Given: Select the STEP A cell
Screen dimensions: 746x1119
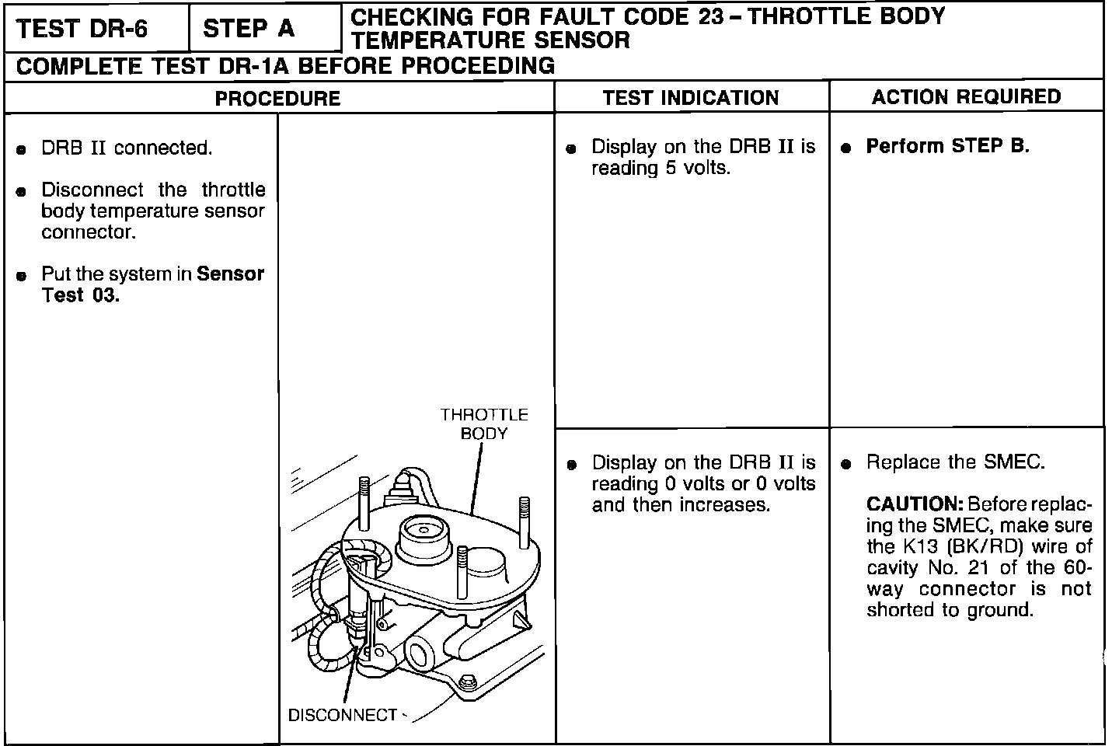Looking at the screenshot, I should coord(249,30).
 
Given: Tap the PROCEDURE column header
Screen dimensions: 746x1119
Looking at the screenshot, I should coord(277,98).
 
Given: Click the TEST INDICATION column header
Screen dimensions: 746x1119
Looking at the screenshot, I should coord(691,98).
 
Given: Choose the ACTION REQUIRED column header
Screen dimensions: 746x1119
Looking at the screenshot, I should coord(966,97).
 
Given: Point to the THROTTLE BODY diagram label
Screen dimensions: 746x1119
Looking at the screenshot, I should coord(484,424).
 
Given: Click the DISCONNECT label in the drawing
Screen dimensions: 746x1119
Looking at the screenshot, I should coord(343,715).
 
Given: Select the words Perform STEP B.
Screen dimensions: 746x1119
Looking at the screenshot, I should coord(947,146).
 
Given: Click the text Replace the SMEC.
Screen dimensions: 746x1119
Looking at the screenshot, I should coord(955,462).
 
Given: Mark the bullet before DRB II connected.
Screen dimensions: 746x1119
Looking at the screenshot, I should coord(23,149).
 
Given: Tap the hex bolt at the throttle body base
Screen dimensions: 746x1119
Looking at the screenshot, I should coord(468,682).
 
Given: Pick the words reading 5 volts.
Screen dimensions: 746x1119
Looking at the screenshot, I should coord(661,168).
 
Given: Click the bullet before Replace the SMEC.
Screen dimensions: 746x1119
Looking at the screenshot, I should coord(846,464).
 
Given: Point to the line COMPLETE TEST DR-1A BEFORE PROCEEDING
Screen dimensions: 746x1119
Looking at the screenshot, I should coord(285,66).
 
